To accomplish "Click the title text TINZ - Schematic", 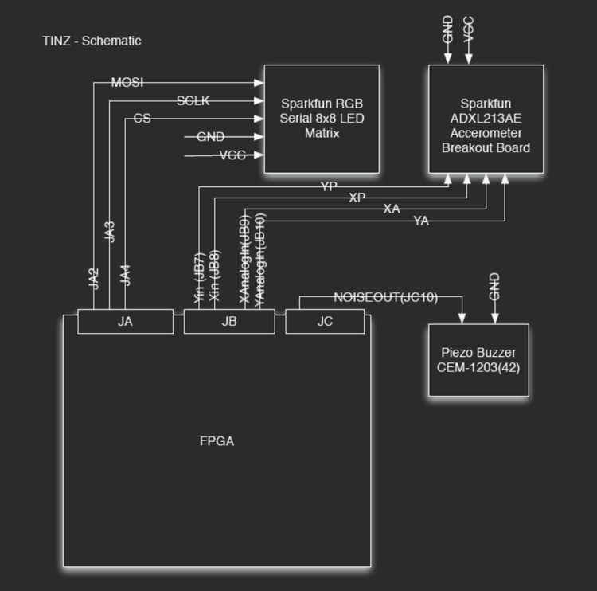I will point(92,41).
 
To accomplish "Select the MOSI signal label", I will point(127,82).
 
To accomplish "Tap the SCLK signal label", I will point(193,100).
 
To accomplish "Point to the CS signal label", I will point(142,119).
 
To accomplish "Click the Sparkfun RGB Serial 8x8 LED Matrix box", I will point(322,119).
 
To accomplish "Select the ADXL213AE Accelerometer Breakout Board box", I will point(486,119).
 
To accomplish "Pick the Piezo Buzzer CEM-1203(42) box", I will point(478,360).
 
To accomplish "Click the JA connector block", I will point(125,322).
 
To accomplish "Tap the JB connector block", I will point(229,322).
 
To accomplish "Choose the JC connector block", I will point(325,322).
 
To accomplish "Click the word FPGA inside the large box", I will point(217,440).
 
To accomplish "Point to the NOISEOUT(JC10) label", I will point(385,297).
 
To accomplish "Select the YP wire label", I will point(329,187).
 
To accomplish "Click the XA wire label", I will point(392,209).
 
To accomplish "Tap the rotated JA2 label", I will point(94,278).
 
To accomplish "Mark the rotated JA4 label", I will point(125,275).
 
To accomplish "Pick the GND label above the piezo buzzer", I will point(494,285).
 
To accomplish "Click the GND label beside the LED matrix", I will point(210,137).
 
